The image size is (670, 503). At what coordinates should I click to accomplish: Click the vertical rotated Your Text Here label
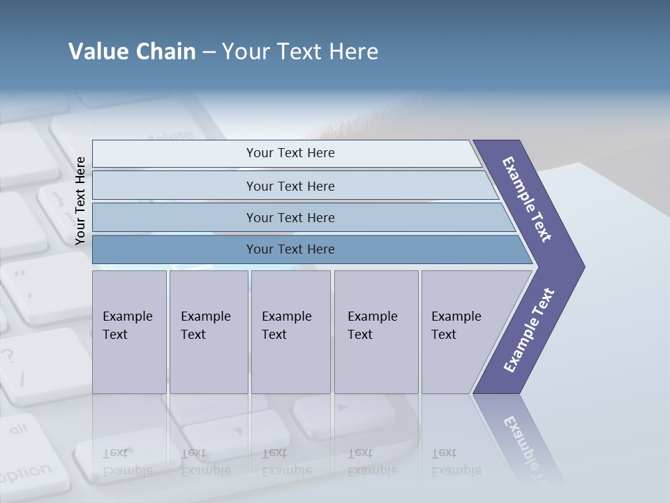[x=80, y=201]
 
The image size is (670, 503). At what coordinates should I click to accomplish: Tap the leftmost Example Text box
[x=129, y=331]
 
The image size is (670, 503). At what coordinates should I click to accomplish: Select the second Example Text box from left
[x=208, y=331]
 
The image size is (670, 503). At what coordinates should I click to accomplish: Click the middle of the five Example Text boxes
[x=290, y=331]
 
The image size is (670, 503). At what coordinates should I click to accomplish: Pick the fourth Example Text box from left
[x=375, y=331]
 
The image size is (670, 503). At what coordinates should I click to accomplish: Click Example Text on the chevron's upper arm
[x=527, y=199]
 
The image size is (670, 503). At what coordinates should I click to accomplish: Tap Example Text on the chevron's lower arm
[x=528, y=330]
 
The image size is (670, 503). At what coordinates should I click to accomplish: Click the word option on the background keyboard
[x=25, y=474]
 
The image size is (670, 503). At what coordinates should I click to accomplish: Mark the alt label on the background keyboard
[x=19, y=428]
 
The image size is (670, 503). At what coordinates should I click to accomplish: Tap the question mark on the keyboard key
[x=8, y=356]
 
